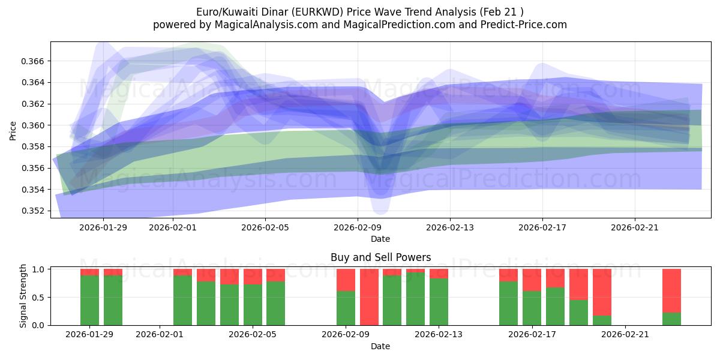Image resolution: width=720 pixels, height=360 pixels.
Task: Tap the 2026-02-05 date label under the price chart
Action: [x=265, y=227]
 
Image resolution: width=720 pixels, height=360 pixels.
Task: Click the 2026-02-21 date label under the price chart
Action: [x=635, y=227]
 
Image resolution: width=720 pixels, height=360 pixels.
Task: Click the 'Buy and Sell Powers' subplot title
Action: [x=380, y=257]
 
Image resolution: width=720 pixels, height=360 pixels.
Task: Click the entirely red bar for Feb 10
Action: [x=369, y=297]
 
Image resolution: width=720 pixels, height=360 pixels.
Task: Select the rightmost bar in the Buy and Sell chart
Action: [x=671, y=297]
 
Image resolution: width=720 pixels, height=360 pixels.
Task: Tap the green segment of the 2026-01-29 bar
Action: [x=89, y=300]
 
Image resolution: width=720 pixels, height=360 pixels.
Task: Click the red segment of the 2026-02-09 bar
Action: [x=346, y=280]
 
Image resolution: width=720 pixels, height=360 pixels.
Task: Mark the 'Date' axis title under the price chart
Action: [x=380, y=239]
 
